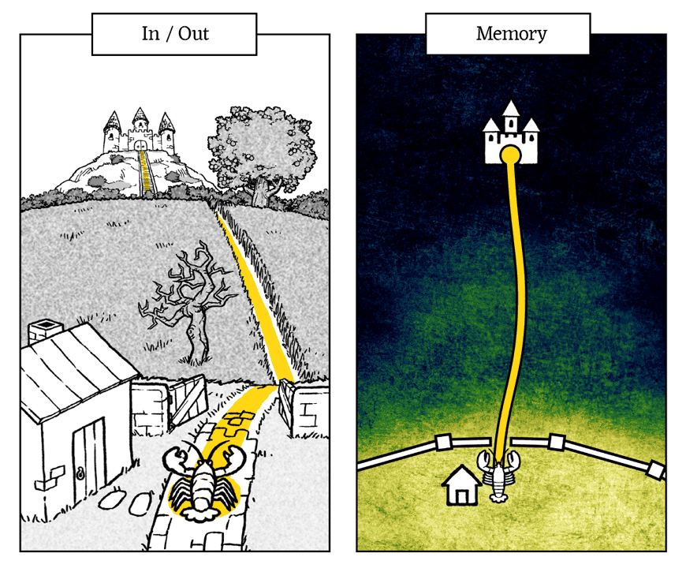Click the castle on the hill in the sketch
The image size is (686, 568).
click(140, 132)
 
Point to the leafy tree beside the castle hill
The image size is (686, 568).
click(260, 150)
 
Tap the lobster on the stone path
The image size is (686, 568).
click(200, 481)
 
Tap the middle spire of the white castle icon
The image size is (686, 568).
click(511, 110)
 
